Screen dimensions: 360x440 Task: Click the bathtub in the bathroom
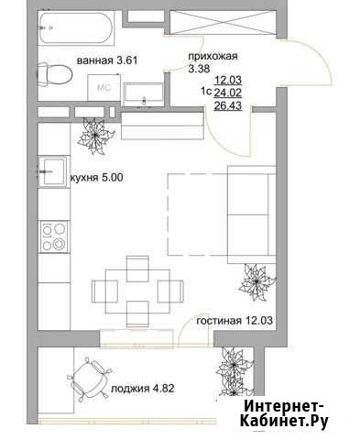[x=76, y=27]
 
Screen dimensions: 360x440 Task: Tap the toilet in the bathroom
[x=55, y=74]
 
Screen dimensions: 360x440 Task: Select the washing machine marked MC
[x=104, y=87]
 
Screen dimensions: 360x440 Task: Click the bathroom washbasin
[x=143, y=93]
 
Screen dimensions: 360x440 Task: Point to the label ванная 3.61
[x=107, y=60]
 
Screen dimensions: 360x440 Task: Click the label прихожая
[x=213, y=56]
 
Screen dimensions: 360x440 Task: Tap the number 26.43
[x=228, y=105]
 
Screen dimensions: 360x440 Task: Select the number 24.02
[x=228, y=93]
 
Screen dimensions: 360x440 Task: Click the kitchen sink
[x=53, y=171]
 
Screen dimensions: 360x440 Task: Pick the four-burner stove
[x=54, y=236]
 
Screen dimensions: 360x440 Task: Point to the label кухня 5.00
[x=97, y=177]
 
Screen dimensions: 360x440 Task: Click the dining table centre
[x=137, y=291]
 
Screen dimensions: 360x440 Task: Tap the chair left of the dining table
[x=104, y=291]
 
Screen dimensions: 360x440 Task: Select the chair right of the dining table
[x=170, y=291]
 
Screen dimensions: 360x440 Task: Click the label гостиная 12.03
[x=235, y=321]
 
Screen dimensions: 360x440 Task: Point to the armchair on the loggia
[x=89, y=379]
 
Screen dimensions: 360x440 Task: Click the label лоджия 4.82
[x=143, y=389]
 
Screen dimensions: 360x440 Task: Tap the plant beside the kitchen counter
[x=96, y=135]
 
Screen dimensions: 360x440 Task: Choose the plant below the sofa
[x=257, y=282]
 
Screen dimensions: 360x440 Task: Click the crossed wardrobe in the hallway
[x=224, y=22]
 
